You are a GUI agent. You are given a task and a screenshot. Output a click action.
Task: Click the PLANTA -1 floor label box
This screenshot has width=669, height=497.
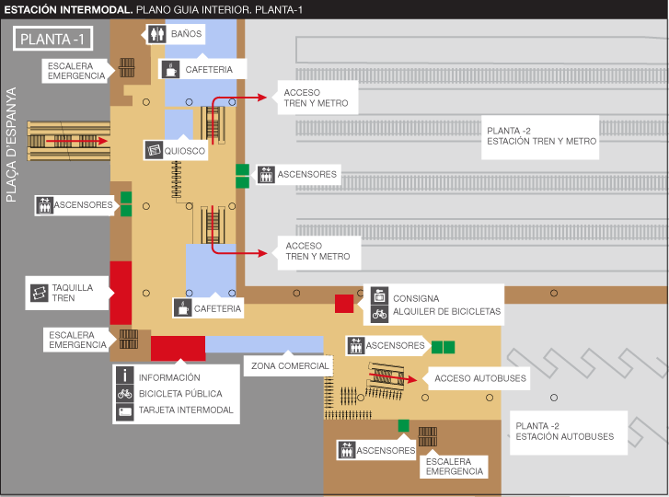pyautogui.click(x=52, y=40)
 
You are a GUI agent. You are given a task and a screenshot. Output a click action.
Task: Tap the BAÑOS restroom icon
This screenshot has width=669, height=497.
pyautogui.click(x=156, y=34)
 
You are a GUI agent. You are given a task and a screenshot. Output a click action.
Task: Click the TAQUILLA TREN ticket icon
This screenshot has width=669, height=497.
pyautogui.click(x=39, y=292)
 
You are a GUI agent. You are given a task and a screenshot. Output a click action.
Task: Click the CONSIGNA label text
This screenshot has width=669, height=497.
pyautogui.click(x=416, y=298)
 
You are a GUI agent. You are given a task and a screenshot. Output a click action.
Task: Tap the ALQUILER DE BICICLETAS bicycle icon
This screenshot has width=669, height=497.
pyautogui.click(x=379, y=314)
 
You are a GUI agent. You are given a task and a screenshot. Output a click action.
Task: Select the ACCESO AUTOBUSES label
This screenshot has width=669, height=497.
pyautogui.click(x=468, y=377)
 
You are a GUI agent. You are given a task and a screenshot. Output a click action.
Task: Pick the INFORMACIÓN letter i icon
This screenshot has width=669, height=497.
pyautogui.click(x=125, y=376)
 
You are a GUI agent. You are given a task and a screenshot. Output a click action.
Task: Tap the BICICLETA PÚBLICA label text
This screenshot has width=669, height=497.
pyautogui.click(x=181, y=394)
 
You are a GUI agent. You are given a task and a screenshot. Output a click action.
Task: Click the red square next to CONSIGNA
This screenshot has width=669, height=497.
pyautogui.click(x=343, y=304)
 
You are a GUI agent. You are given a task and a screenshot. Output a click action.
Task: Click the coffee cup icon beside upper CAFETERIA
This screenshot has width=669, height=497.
pyautogui.click(x=171, y=69)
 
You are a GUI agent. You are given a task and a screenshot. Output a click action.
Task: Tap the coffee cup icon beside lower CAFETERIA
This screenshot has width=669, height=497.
pyautogui.click(x=184, y=307)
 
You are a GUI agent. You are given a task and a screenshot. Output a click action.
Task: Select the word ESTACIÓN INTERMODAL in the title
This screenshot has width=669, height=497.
pyautogui.click(x=67, y=9)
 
